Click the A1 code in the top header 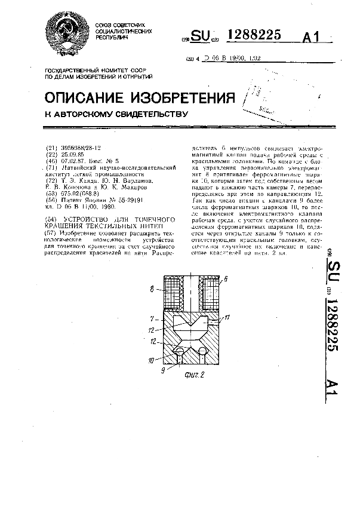312,38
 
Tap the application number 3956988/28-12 80,148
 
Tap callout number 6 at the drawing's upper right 226,279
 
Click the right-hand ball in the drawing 204,351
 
